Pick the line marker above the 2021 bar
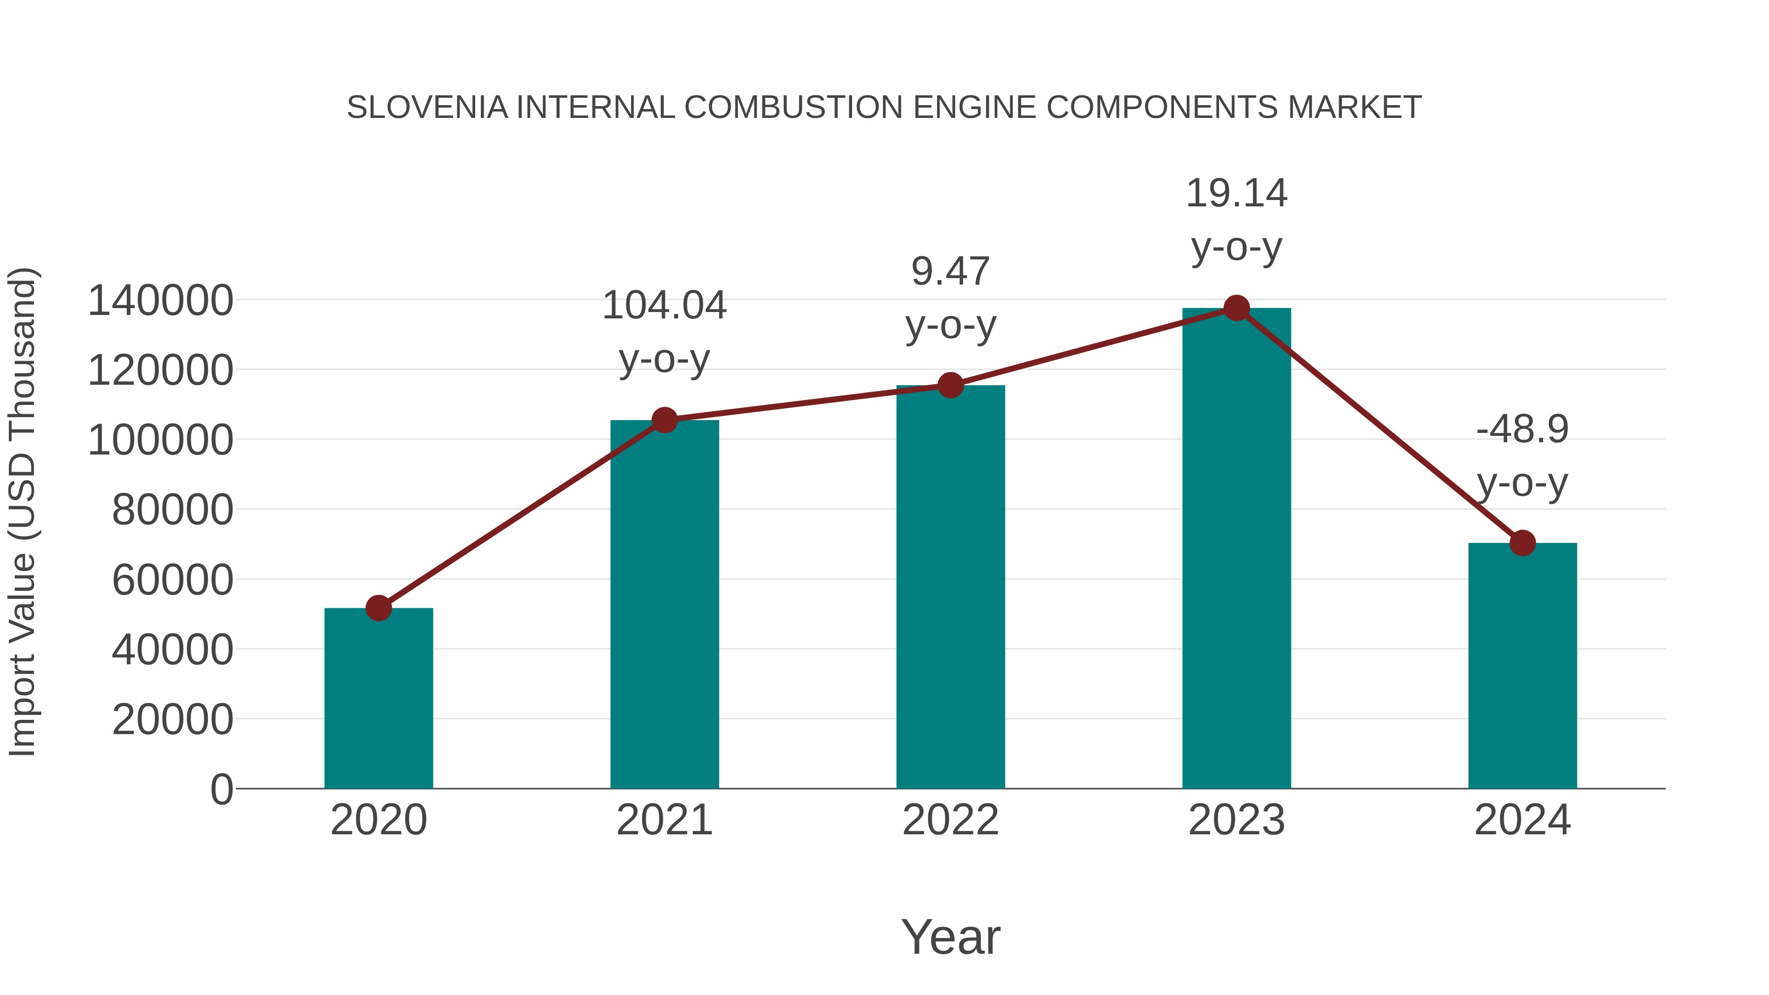click(x=664, y=420)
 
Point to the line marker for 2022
click(x=950, y=385)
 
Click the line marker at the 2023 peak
click(x=1236, y=308)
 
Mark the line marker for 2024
click(x=1522, y=542)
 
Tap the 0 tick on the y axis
click(x=221, y=790)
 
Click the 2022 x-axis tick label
click(x=950, y=820)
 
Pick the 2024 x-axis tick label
click(x=1522, y=820)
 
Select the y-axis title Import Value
click(x=22, y=512)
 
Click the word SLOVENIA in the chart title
click(x=427, y=108)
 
